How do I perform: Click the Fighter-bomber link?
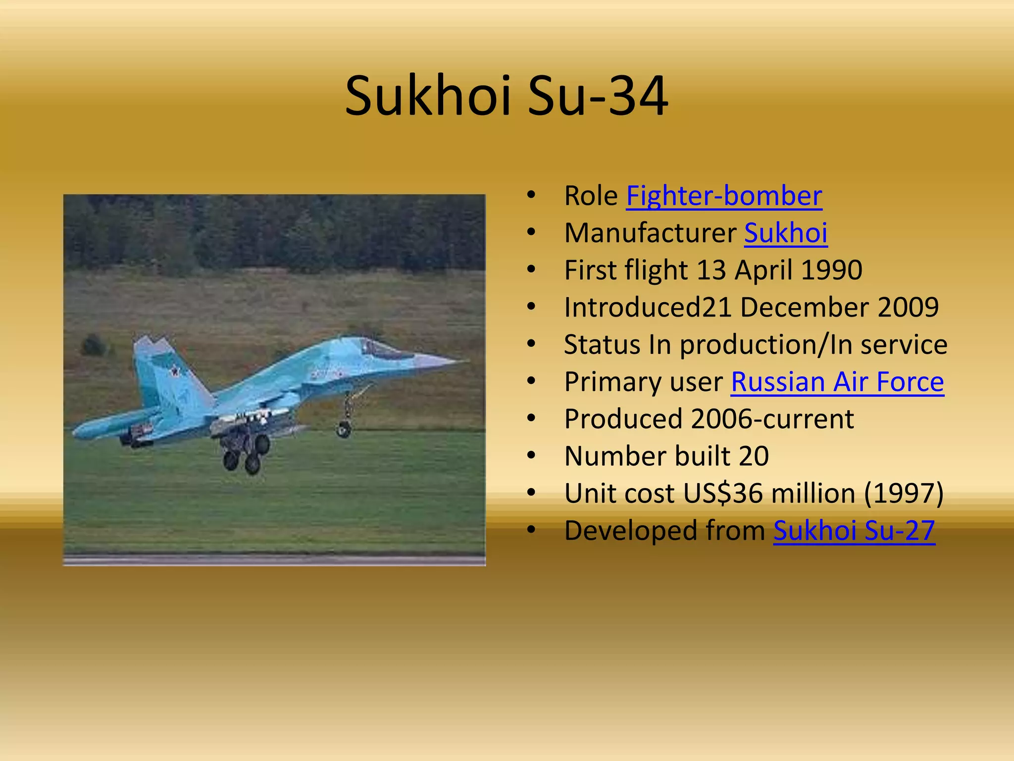[x=724, y=196]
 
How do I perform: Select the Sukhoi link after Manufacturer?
[x=786, y=233]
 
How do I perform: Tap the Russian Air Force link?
[x=837, y=382]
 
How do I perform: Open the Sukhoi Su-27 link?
[x=854, y=531]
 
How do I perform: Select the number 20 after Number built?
[x=754, y=456]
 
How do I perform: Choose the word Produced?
[x=623, y=419]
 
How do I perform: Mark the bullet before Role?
[x=531, y=195]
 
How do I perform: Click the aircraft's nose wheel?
[x=344, y=429]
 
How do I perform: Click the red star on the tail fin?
[x=174, y=370]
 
